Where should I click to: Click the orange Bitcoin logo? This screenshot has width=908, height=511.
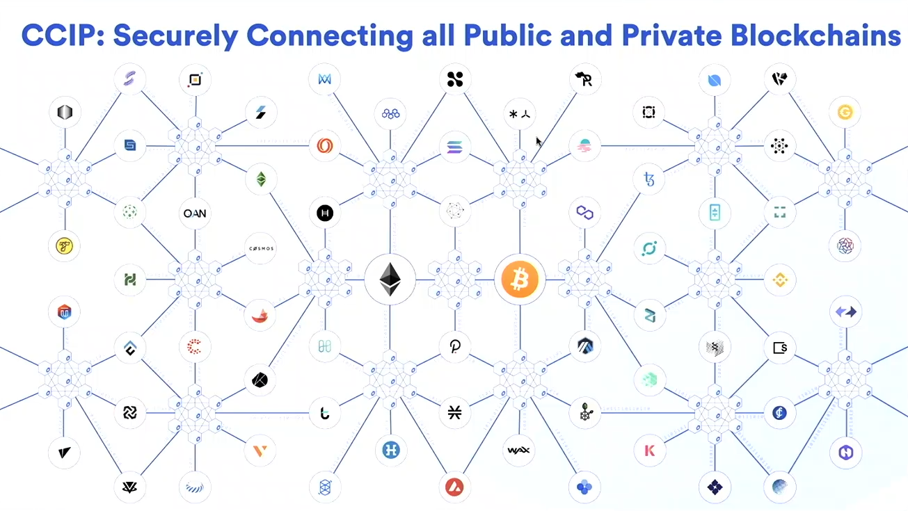[520, 280]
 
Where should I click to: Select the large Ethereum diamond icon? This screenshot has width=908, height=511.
[390, 280]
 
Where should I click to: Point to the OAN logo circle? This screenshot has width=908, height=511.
[195, 213]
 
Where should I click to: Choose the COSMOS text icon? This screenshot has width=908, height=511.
[261, 248]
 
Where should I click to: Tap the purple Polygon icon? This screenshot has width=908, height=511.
[584, 213]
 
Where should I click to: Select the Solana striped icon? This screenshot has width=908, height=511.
[456, 147]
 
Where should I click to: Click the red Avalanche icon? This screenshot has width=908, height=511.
[455, 486]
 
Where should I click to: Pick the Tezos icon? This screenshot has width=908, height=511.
[650, 180]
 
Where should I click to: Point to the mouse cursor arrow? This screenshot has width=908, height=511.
[539, 141]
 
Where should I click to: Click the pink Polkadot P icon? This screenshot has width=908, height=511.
[455, 346]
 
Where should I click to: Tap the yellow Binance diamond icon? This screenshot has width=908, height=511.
[779, 280]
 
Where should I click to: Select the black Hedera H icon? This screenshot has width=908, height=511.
[325, 213]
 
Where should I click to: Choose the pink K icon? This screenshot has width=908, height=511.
[650, 451]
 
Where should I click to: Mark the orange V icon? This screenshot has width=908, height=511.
[260, 451]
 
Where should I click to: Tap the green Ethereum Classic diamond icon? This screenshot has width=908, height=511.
[261, 180]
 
